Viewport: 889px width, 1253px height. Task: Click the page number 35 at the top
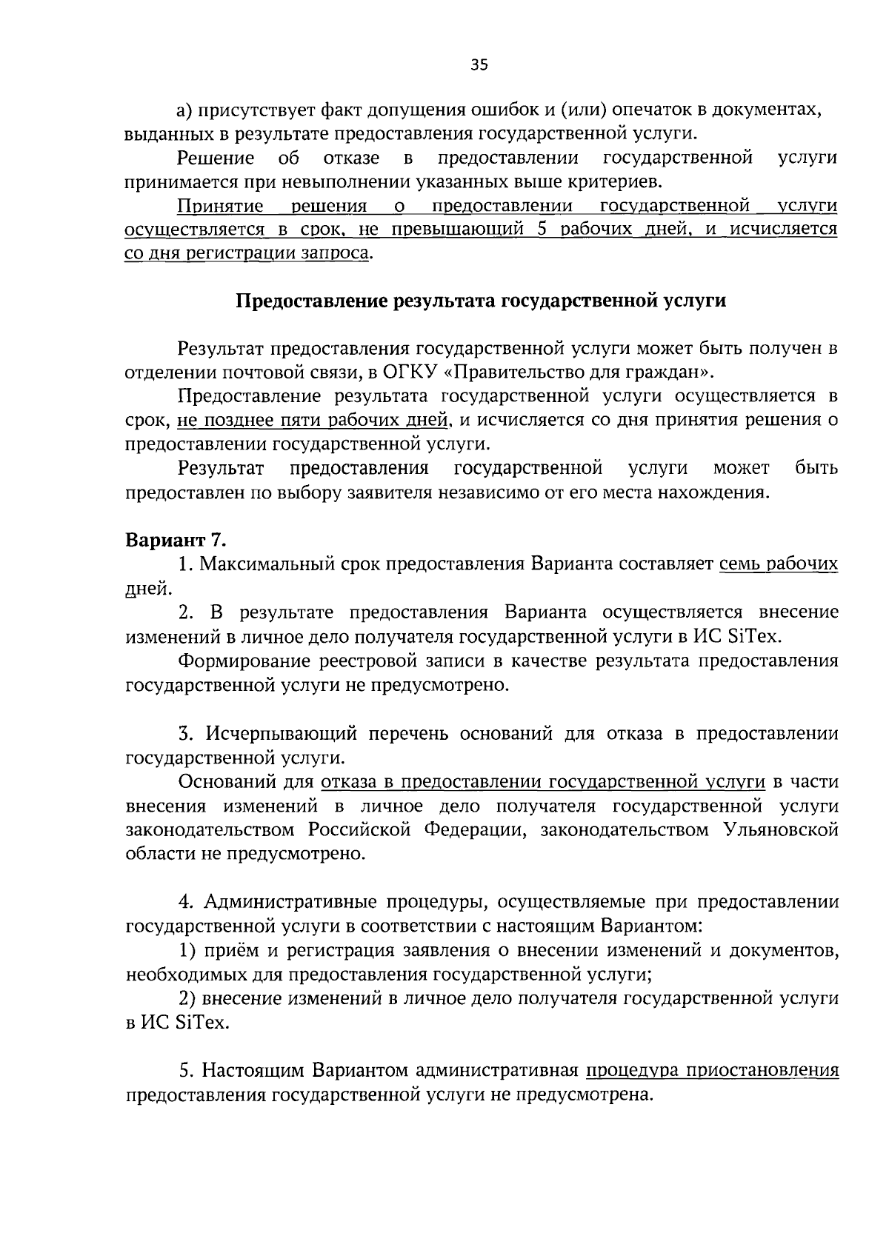479,65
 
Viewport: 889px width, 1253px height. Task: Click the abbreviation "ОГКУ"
405,372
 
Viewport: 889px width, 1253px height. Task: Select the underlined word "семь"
738,564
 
